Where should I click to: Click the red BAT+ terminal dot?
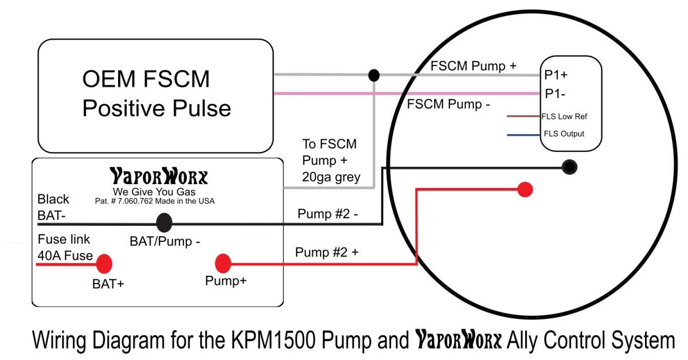104,264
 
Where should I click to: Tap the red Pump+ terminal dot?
222,264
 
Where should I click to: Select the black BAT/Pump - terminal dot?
165,222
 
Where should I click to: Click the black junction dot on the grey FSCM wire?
374,75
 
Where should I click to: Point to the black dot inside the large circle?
569,167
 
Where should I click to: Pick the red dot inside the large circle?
525,189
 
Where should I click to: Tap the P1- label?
555,93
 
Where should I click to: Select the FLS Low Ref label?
564,116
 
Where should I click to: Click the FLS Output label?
564,134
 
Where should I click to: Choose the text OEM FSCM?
146,79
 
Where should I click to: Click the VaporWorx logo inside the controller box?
158,176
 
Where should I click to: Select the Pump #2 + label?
327,252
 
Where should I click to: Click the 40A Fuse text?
65,256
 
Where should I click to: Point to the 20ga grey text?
331,177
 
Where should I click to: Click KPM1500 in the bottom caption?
263,341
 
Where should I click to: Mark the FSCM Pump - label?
448,105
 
